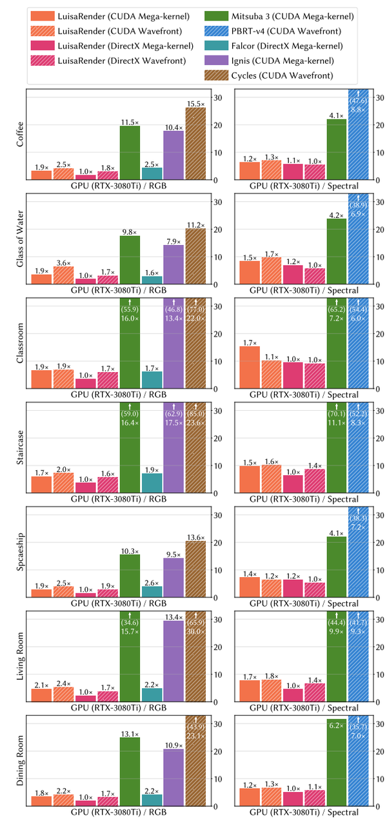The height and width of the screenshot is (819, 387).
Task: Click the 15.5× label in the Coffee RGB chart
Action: pos(195,103)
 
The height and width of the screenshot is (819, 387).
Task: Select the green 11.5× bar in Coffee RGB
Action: pos(130,152)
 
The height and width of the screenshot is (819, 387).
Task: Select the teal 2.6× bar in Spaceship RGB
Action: pos(152,591)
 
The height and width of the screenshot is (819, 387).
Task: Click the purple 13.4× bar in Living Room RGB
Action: pos(174,660)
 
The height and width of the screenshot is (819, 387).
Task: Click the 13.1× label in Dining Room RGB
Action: pos(130,733)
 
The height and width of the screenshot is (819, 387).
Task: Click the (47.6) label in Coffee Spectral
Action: pos(358,101)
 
